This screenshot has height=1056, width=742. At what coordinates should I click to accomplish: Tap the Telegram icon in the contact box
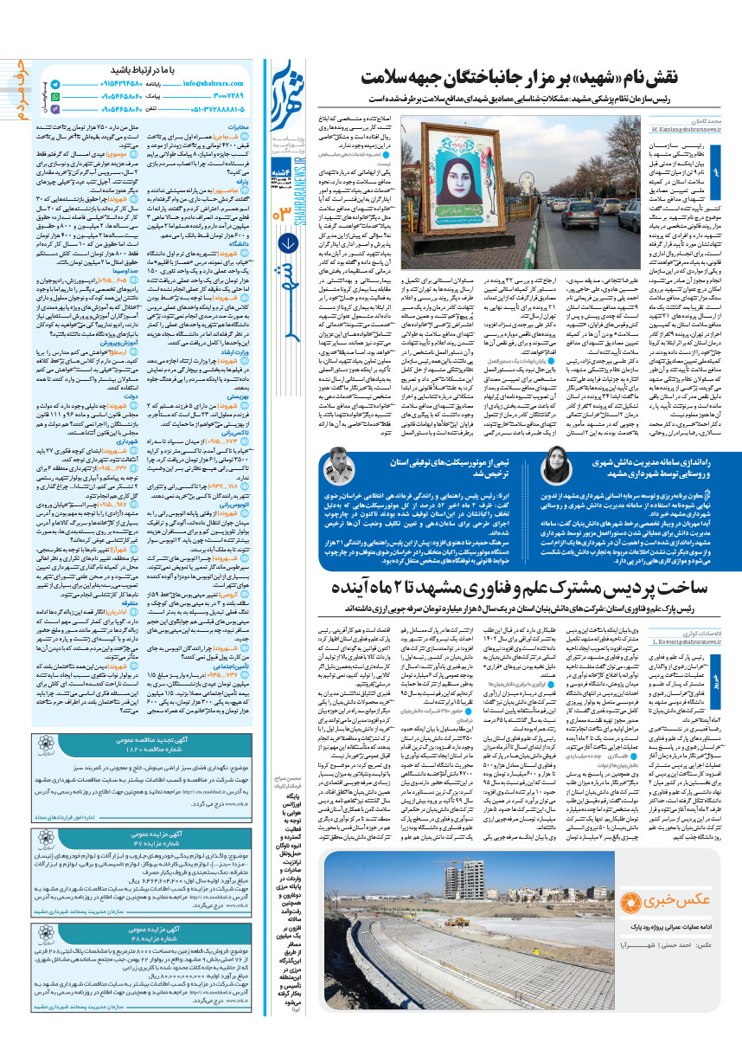coord(55,84)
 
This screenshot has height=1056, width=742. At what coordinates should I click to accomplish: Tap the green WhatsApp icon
coord(55,97)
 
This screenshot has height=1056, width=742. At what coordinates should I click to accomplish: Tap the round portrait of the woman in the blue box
coord(555,469)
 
